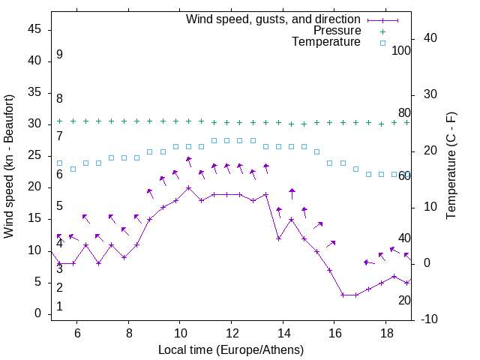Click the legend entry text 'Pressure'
[x=337, y=31]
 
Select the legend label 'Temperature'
[x=326, y=43]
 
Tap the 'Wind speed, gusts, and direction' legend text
[x=274, y=19]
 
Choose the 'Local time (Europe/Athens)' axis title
[x=231, y=350]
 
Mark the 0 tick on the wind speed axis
[x=38, y=314]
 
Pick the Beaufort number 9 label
[x=59, y=55]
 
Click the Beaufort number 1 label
[x=59, y=307]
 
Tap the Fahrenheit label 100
[x=401, y=50]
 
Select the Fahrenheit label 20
[x=404, y=300]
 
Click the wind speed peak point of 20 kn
[x=188, y=187]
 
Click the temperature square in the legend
[x=382, y=43]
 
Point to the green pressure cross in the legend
[x=382, y=31]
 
